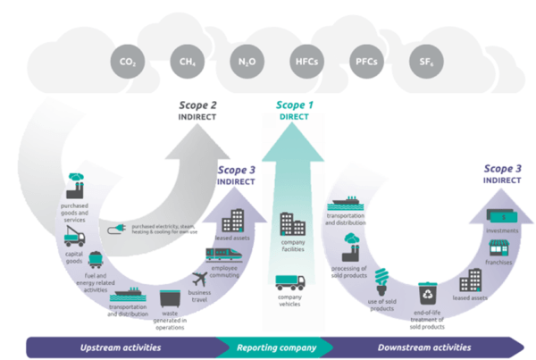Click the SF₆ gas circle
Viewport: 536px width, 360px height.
[x=423, y=63]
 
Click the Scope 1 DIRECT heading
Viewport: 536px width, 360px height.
[x=293, y=109]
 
